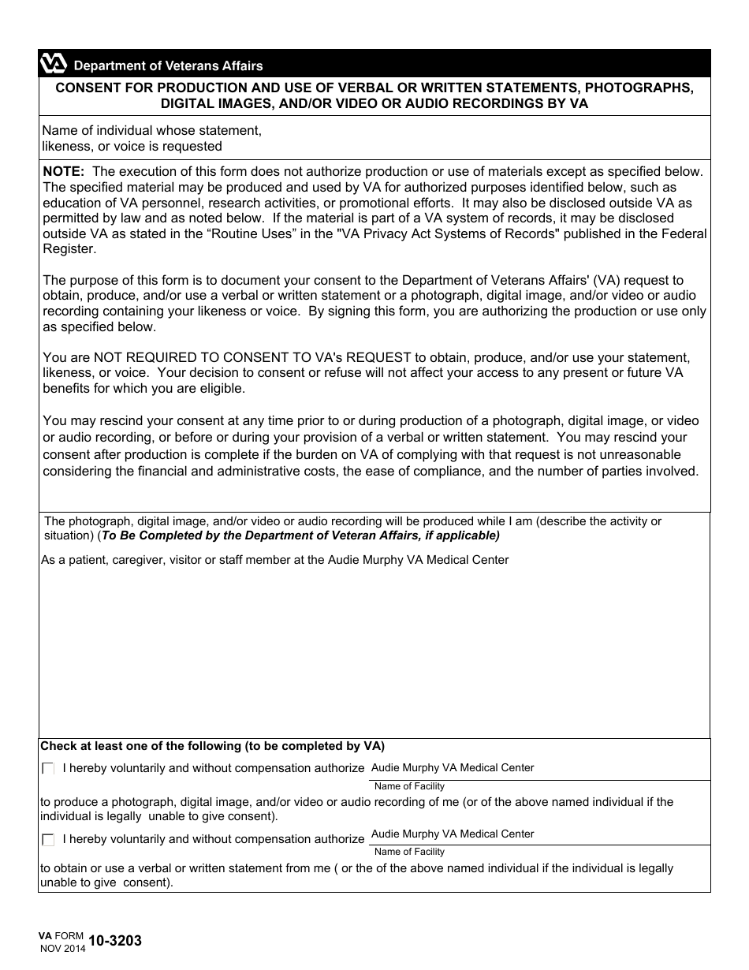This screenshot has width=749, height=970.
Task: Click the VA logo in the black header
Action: point(54,65)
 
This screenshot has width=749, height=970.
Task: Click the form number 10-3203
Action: point(115,940)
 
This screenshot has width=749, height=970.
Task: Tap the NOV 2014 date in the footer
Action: point(63,948)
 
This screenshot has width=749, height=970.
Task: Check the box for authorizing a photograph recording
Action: point(48,769)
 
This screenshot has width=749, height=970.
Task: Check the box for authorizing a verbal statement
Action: point(48,840)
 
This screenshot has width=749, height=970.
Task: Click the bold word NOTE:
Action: point(65,171)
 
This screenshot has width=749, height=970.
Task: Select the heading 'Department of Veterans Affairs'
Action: point(168,66)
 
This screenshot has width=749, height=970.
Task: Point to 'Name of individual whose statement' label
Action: point(151,130)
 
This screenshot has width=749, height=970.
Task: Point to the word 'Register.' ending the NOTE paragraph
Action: point(69,249)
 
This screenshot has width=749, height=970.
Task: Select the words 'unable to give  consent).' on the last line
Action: point(106,883)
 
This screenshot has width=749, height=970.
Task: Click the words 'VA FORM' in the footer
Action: point(61,935)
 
